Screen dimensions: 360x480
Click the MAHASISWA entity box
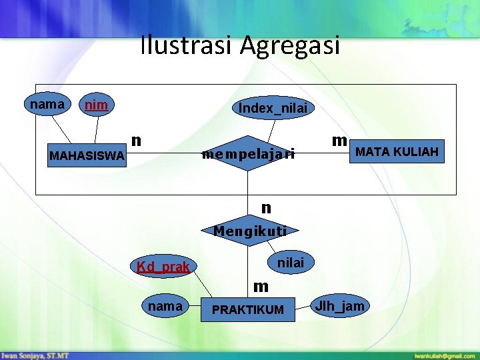tap(87, 157)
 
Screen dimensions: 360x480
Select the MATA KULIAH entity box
tap(397, 153)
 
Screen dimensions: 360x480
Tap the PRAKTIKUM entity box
tap(247, 309)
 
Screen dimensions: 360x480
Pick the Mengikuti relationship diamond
tap(250, 231)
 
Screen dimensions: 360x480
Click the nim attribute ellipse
tap(96, 105)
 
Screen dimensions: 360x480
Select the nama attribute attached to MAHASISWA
tap(47, 104)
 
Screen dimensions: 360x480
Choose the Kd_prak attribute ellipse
tap(163, 267)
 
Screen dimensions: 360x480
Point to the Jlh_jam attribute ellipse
tap(340, 306)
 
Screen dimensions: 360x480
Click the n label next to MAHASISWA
tap(135, 140)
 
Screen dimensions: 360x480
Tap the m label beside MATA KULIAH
tap(339, 140)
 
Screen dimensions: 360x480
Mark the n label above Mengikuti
tap(266, 208)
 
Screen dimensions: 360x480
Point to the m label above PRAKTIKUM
tap(261, 287)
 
